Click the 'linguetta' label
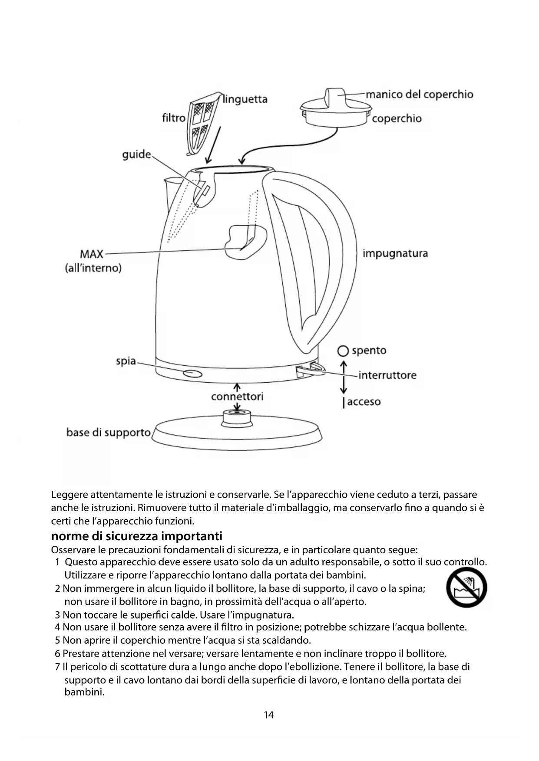(245, 99)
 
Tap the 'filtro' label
(173, 118)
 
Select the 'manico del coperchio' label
(419, 95)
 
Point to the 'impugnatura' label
(395, 253)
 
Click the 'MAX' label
(92, 254)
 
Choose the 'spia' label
(126, 361)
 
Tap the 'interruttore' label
(387, 375)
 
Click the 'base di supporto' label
(108, 433)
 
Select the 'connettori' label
(237, 397)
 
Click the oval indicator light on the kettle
(192, 374)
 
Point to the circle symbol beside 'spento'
(344, 351)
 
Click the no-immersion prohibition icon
(466, 587)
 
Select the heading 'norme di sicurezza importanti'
(136, 536)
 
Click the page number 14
(269, 715)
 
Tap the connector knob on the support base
(237, 418)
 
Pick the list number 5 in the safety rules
(58, 640)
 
